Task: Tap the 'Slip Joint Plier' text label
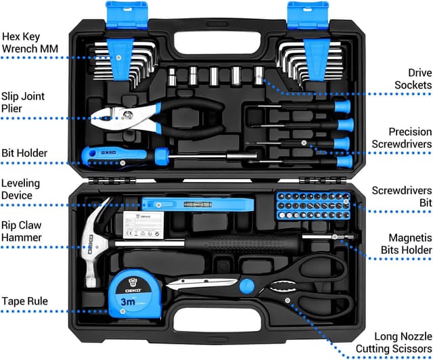pyautogui.click(x=23, y=102)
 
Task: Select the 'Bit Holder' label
pyautogui.click(x=24, y=153)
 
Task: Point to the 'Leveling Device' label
pyautogui.click(x=20, y=189)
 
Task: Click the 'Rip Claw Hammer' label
pyautogui.click(x=22, y=231)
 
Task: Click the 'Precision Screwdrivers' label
pyautogui.click(x=401, y=138)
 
